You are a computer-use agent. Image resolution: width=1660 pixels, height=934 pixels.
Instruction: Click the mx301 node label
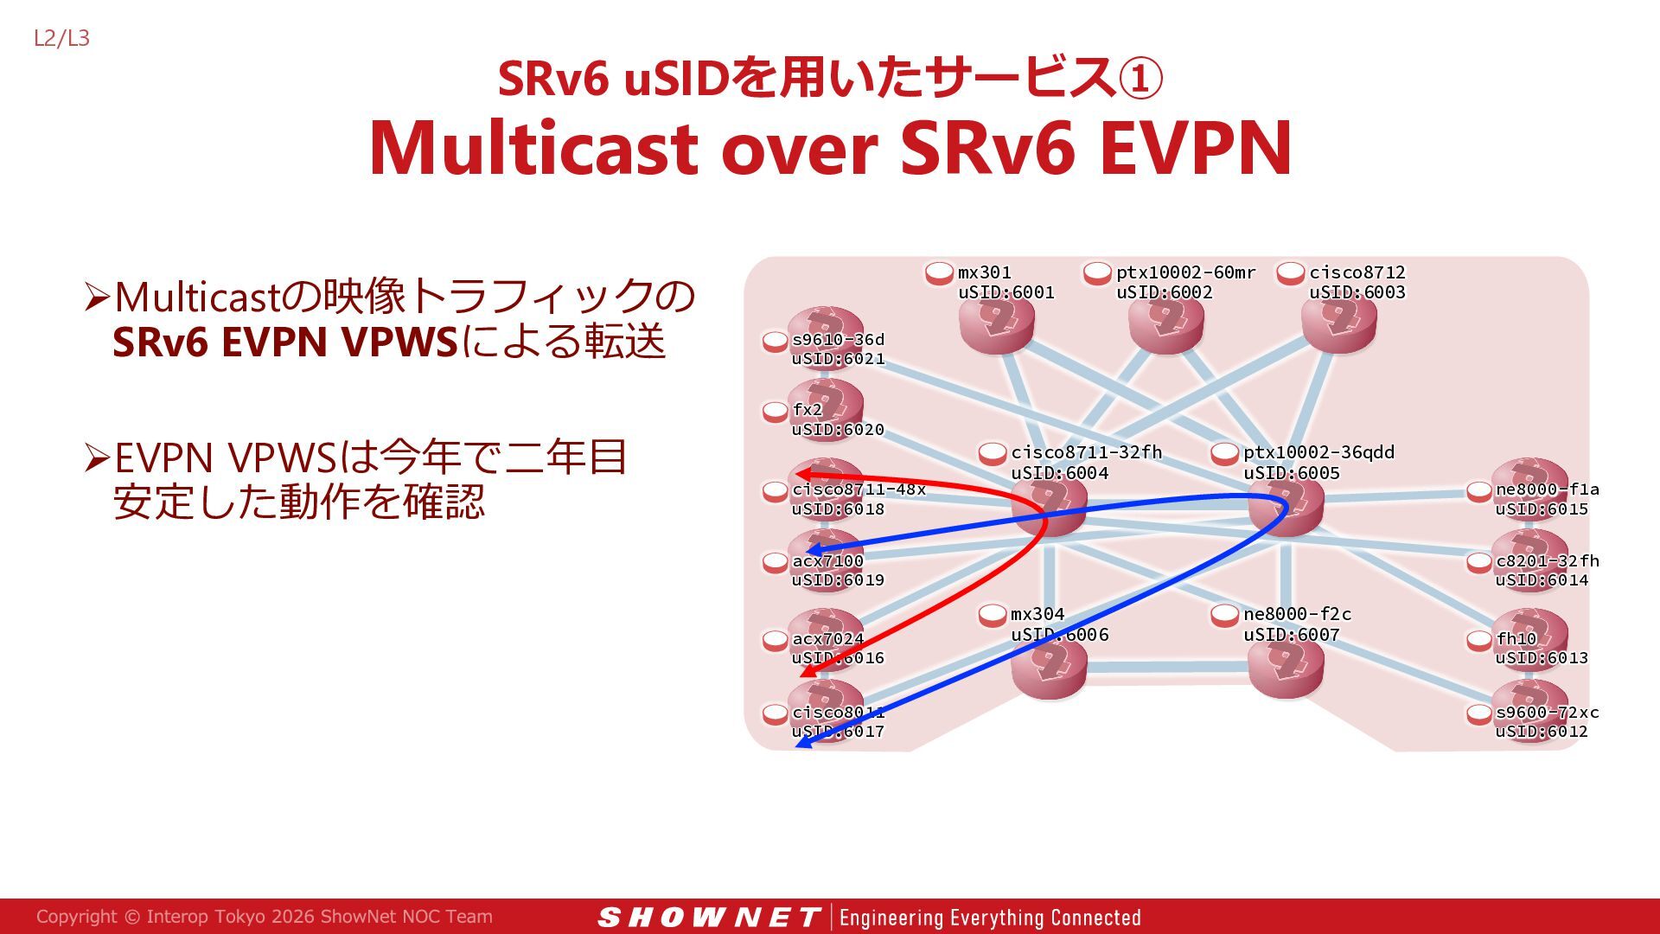click(x=984, y=272)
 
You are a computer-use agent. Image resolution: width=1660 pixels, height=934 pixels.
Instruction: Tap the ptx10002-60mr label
click(x=1185, y=272)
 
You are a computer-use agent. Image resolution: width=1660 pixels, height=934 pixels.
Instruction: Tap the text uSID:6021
click(x=838, y=359)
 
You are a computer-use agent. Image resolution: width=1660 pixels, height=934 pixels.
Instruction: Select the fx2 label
click(x=808, y=409)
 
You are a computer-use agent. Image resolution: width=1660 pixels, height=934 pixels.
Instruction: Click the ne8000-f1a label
click(x=1547, y=489)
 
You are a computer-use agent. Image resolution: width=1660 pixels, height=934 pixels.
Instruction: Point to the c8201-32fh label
click(x=1547, y=560)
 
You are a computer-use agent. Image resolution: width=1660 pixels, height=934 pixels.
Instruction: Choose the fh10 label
click(x=1516, y=638)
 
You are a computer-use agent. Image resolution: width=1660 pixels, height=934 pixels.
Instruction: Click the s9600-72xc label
click(x=1547, y=712)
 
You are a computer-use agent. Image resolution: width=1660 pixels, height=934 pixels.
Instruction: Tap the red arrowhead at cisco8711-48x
click(x=801, y=474)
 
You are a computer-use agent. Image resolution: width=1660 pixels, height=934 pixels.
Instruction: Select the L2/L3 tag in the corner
click(x=61, y=38)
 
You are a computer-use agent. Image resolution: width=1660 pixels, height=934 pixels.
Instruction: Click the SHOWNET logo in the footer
click(x=708, y=918)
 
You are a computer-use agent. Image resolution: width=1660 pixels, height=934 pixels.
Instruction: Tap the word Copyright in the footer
click(x=77, y=917)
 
